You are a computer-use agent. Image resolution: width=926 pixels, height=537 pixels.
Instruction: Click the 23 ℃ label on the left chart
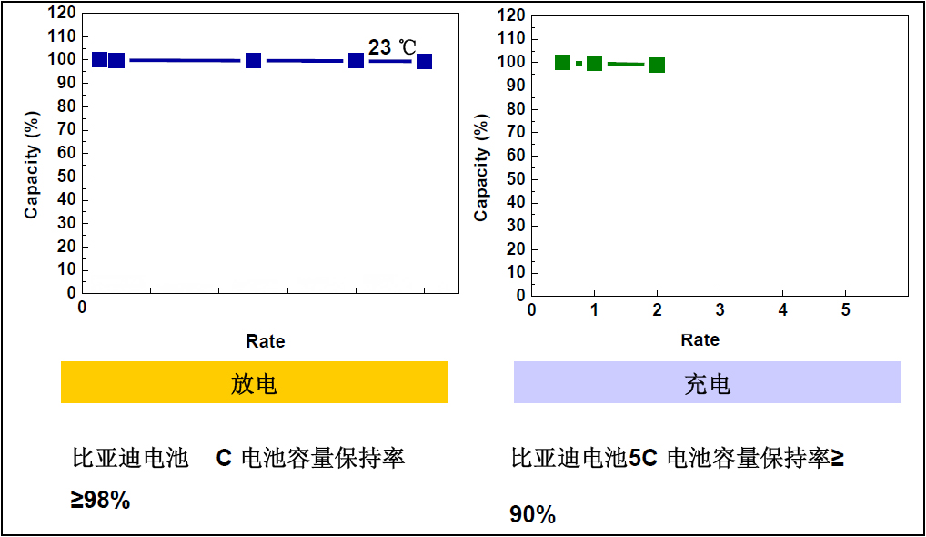[x=392, y=47]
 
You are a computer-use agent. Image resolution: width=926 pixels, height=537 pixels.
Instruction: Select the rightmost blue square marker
[x=424, y=62]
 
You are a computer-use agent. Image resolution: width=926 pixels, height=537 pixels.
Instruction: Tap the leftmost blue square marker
[x=100, y=60]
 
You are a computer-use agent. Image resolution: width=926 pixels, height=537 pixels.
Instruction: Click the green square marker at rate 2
[x=657, y=65]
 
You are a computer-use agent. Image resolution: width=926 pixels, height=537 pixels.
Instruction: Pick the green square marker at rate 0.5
[x=562, y=63]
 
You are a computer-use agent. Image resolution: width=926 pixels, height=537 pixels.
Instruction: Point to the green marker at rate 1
[x=594, y=64]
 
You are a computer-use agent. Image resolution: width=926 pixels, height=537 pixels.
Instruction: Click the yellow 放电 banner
[x=254, y=382]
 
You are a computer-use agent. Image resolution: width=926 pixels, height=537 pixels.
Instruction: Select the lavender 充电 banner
[x=707, y=382]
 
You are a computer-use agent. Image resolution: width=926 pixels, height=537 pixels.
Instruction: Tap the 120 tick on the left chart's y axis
[x=59, y=13]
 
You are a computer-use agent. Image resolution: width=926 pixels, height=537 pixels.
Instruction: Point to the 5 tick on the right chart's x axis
[x=845, y=310]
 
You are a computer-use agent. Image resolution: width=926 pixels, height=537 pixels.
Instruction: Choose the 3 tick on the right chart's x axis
[x=720, y=310]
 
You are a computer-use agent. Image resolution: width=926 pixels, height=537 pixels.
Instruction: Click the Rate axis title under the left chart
[x=265, y=342]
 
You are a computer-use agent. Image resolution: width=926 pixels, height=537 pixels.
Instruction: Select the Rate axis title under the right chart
[x=700, y=340]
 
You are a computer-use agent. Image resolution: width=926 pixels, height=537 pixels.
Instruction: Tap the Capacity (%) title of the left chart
[x=32, y=165]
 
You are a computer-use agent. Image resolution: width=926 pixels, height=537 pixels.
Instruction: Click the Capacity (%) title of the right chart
[x=481, y=167]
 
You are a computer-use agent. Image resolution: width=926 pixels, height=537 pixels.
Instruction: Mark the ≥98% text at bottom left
[x=100, y=500]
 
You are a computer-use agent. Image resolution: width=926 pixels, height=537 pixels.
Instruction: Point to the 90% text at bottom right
[x=532, y=514]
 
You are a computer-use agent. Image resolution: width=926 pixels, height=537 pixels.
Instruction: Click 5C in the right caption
[x=642, y=458]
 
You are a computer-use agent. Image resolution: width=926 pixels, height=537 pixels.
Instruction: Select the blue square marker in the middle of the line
[x=253, y=60]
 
